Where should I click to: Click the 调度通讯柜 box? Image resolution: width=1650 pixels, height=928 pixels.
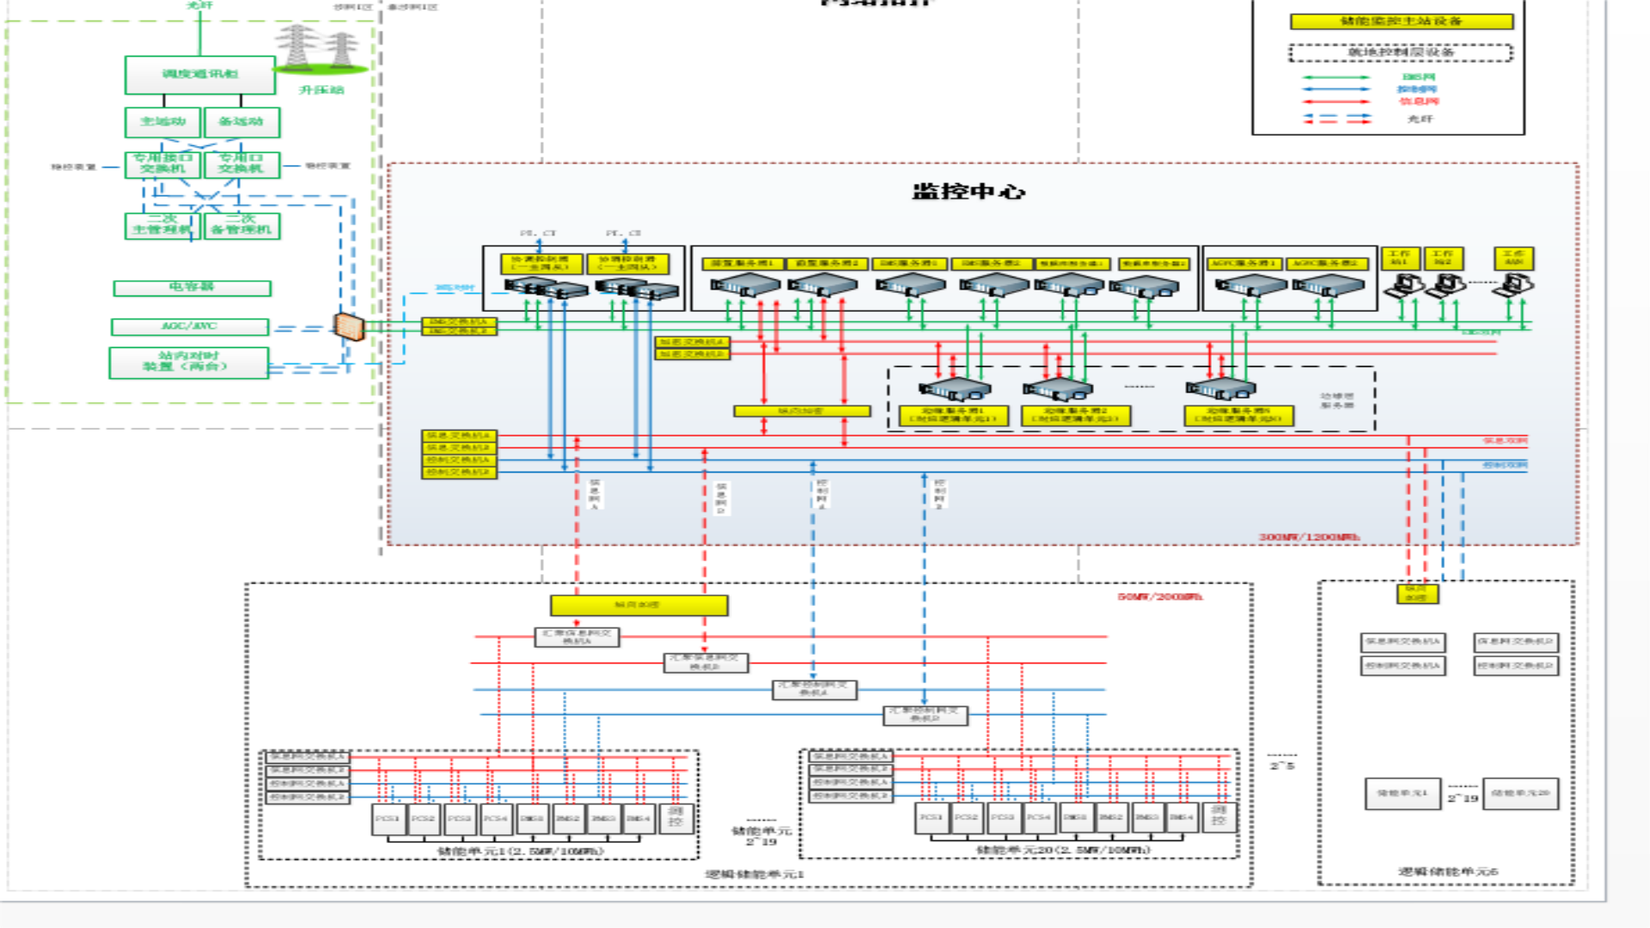pyautogui.click(x=199, y=75)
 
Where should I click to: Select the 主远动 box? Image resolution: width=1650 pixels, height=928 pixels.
pyautogui.click(x=162, y=122)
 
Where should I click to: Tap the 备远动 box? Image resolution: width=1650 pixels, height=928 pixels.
pyautogui.click(x=241, y=122)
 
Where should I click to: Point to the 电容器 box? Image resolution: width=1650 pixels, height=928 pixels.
pyautogui.click(x=192, y=288)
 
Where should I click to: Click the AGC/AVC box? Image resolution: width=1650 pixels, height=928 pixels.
pyautogui.click(x=189, y=327)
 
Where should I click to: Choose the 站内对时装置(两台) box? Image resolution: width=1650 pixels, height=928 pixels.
pyautogui.click(x=188, y=362)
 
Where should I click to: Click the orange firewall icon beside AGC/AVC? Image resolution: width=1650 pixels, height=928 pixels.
pyautogui.click(x=349, y=327)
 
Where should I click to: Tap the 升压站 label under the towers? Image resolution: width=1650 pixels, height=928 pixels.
pyautogui.click(x=321, y=90)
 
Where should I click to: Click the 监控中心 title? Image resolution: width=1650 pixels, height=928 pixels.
pyautogui.click(x=969, y=192)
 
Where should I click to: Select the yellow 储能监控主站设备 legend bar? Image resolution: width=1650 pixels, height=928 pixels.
pyautogui.click(x=1401, y=21)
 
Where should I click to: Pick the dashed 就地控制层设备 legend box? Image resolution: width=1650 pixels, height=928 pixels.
pyautogui.click(x=1401, y=52)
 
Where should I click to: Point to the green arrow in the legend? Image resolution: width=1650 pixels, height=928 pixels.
pyautogui.click(x=1336, y=77)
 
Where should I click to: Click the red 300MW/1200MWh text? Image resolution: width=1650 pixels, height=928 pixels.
pyautogui.click(x=1309, y=537)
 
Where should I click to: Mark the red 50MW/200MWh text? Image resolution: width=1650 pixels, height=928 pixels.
pyautogui.click(x=1159, y=596)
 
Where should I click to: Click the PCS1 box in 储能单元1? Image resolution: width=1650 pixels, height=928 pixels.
pyautogui.click(x=387, y=818)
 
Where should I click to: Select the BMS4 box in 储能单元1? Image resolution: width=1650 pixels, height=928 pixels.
pyautogui.click(x=639, y=818)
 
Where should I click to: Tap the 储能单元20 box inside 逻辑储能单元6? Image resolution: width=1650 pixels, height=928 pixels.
pyautogui.click(x=1519, y=793)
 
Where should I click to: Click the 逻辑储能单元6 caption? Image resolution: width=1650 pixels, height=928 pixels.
pyautogui.click(x=1447, y=871)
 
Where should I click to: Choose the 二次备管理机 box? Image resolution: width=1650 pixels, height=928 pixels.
pyautogui.click(x=241, y=225)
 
